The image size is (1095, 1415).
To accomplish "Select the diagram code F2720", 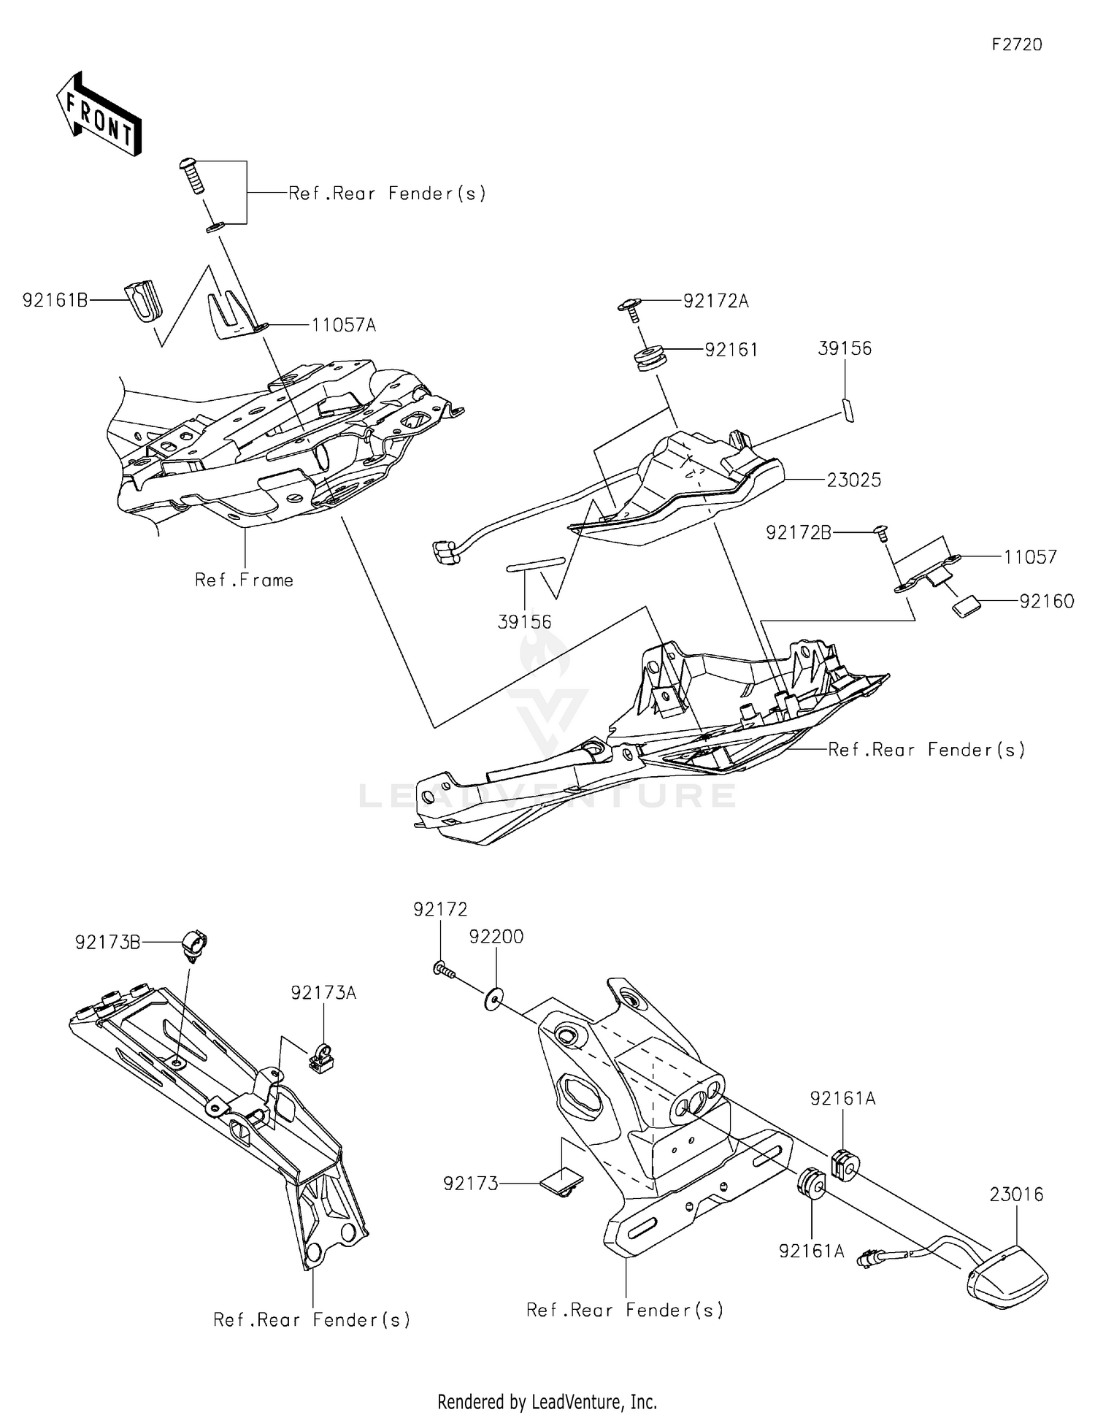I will pos(1016,45).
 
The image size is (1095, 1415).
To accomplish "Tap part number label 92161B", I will pos(55,300).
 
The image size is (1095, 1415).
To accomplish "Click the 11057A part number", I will pos(343,326).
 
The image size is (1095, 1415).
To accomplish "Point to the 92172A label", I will pos(715,301).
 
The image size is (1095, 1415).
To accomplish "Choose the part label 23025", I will pos(853,480).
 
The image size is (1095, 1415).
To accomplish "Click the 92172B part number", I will pos(798,533).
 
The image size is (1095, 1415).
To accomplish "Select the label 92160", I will pos(1046,602).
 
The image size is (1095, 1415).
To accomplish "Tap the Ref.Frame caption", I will pos(244,580).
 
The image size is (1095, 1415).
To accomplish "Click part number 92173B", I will pos(107,943).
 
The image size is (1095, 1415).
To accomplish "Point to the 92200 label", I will pos(496,937).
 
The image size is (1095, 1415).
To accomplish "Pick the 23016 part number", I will pos(1016,1194).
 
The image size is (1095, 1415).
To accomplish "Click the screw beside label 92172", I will pos(442,970).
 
